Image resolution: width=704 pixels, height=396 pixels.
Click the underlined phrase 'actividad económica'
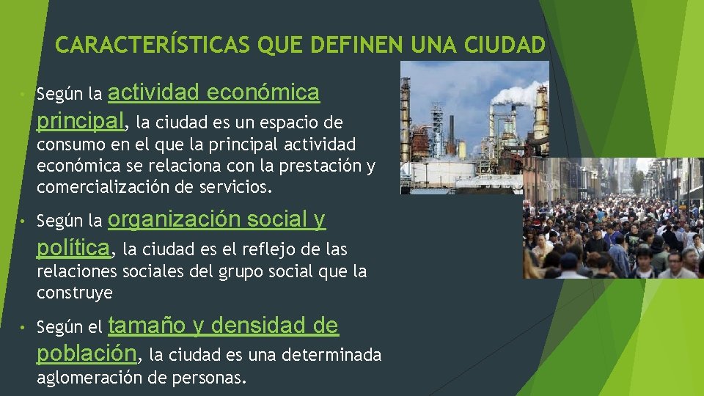click(x=214, y=93)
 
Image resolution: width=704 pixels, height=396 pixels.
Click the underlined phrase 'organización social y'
click(x=217, y=219)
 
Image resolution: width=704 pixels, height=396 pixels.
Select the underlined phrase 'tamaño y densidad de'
click(x=224, y=325)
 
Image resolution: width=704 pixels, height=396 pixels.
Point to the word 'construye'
click(x=75, y=293)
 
